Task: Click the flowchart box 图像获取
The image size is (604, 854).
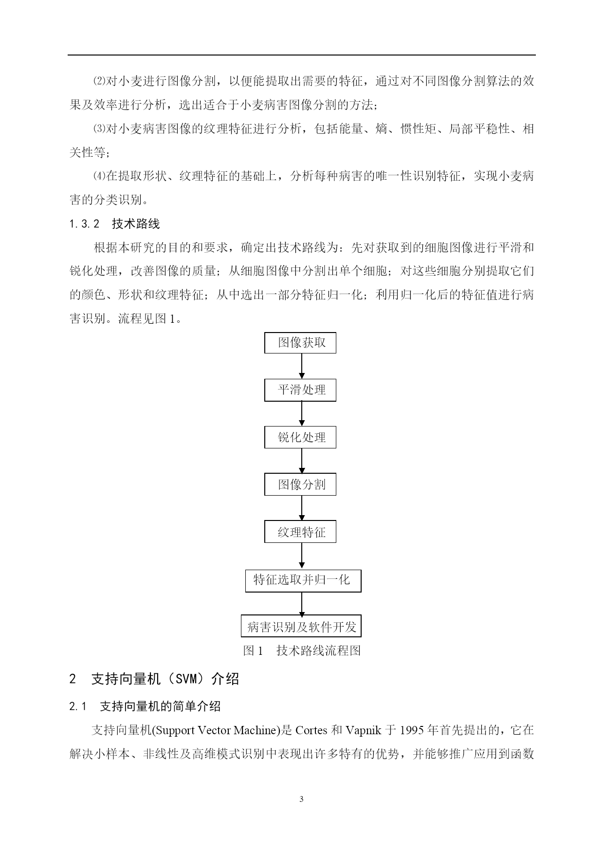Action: click(300, 343)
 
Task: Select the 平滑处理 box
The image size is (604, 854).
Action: click(300, 390)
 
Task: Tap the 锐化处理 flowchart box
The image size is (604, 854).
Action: click(300, 437)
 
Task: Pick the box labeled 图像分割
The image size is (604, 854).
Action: click(300, 484)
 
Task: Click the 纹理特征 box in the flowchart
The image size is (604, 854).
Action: click(300, 532)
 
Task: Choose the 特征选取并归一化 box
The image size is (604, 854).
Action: click(303, 581)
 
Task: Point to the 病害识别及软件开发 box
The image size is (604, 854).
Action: click(301, 626)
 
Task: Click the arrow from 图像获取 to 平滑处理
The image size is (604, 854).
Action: click(302, 367)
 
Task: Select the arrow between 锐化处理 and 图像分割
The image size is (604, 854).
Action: click(302, 461)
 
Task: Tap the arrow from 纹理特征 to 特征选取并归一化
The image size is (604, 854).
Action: click(302, 556)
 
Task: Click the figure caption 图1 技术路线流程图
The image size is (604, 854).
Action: click(302, 650)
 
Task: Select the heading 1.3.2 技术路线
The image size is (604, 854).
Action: click(114, 224)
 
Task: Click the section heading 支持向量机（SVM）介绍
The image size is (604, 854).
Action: click(154, 679)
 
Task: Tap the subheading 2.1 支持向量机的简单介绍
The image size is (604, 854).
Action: click(145, 706)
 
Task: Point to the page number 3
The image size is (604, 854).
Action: click(301, 799)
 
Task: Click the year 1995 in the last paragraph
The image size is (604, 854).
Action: click(412, 730)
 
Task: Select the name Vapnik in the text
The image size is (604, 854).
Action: click(364, 731)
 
